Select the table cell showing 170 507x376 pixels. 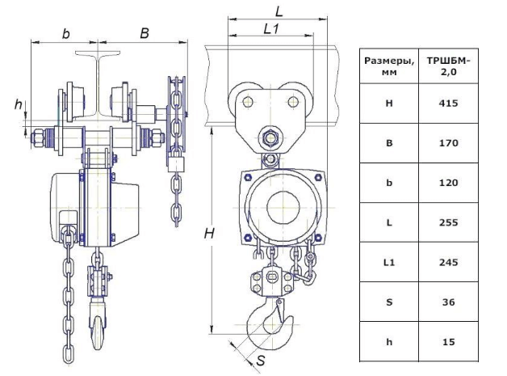[x=450, y=143]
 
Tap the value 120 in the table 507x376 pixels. [x=450, y=183]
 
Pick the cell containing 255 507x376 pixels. [x=450, y=222]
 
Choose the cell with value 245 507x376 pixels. [x=450, y=262]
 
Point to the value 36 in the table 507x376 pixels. [x=450, y=302]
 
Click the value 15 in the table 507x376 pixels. [x=450, y=341]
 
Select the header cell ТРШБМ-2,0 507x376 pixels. [x=450, y=65]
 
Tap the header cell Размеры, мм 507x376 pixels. [x=390, y=65]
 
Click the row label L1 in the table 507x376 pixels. [x=390, y=262]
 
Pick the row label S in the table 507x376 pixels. [x=390, y=302]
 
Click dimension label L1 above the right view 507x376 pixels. [x=272, y=29]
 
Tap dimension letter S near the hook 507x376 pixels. [x=260, y=361]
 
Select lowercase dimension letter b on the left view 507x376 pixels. [x=66, y=34]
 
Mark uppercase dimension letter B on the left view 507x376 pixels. [x=144, y=34]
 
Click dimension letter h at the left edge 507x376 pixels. [x=19, y=104]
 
